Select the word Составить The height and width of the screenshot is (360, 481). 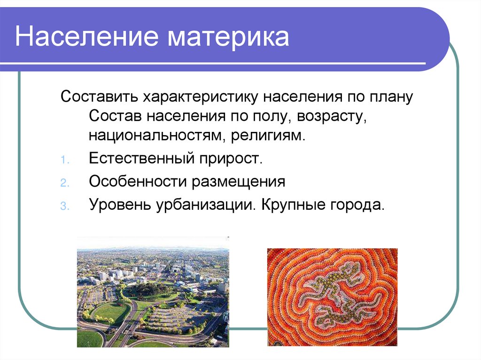(98, 98)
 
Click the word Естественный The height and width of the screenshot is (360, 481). (139, 158)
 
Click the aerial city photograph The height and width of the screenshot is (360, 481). (153, 292)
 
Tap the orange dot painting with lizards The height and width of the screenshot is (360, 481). (332, 297)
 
